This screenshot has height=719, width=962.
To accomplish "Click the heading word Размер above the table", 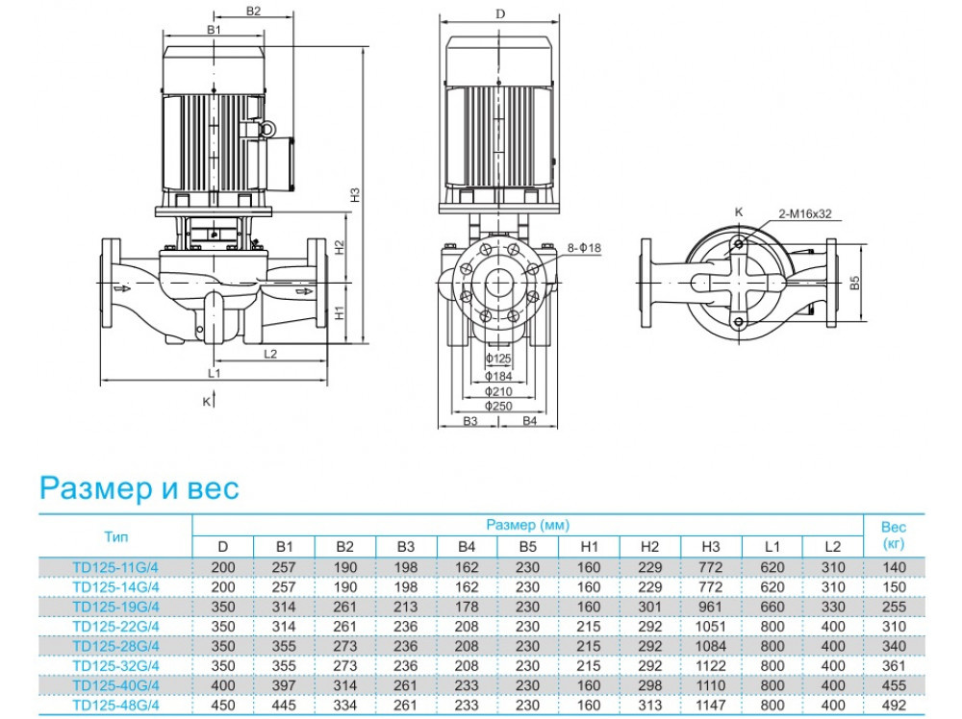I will [94, 488].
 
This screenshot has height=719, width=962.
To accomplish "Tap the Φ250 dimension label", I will [497, 407].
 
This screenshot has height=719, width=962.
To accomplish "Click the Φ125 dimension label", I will [497, 358].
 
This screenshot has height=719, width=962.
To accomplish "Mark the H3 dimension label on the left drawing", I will [355, 193].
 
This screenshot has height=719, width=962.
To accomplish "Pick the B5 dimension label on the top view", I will [854, 285].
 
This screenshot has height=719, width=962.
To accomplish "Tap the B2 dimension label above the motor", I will [253, 12].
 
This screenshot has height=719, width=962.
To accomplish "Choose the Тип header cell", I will [114, 536].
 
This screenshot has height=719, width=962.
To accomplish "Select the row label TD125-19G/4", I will [114, 607].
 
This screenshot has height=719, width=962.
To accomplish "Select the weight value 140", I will [893, 568].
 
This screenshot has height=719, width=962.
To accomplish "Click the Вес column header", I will [893, 536].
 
